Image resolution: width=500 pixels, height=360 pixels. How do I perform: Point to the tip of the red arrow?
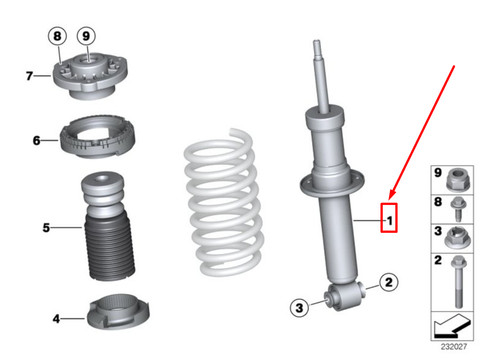388,200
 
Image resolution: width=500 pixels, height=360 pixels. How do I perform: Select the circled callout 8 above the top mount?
58,35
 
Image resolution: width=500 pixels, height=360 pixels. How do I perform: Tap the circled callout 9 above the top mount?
87,35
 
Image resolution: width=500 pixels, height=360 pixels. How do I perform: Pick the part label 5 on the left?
45,228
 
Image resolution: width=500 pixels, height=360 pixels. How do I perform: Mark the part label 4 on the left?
55,319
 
